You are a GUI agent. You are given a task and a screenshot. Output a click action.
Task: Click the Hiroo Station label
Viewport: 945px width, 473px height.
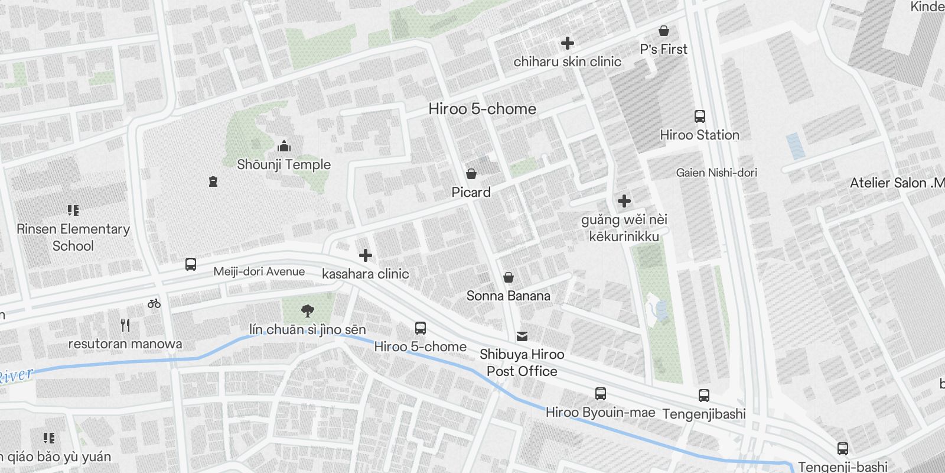click(x=699, y=135)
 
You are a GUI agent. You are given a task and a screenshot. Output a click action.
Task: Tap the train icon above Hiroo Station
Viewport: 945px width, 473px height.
click(x=700, y=116)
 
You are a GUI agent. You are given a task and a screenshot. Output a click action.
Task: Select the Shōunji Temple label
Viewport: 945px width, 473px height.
click(x=283, y=164)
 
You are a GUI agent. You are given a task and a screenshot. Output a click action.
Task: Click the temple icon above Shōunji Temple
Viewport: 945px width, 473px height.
click(x=284, y=146)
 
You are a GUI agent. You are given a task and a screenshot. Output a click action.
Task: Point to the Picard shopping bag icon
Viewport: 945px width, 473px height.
click(x=471, y=173)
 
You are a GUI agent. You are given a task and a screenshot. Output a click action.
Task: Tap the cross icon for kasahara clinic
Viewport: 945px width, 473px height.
click(x=366, y=255)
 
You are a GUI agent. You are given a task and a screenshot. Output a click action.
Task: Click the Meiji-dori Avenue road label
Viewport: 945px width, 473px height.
click(x=259, y=271)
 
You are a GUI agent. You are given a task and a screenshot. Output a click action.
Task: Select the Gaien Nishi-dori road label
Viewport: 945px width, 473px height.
click(x=716, y=173)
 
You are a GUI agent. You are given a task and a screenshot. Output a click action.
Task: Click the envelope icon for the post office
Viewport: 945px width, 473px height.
click(x=522, y=336)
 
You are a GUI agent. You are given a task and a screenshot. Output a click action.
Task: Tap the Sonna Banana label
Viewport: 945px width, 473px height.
click(x=508, y=296)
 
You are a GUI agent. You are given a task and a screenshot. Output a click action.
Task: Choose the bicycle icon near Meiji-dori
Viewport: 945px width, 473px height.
click(x=154, y=303)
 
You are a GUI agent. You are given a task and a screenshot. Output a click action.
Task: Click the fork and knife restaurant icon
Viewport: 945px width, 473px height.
click(x=125, y=325)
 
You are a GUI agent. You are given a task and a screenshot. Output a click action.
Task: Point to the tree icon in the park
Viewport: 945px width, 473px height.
click(x=307, y=310)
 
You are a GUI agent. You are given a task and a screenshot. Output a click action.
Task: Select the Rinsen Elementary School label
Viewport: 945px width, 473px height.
click(x=73, y=237)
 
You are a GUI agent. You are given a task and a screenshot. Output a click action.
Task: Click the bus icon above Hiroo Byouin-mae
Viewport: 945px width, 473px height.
click(x=601, y=394)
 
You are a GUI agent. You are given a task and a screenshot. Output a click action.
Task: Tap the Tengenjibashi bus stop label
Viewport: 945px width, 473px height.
click(x=704, y=414)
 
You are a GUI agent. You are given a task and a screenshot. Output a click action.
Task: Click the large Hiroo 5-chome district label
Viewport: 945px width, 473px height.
click(x=482, y=109)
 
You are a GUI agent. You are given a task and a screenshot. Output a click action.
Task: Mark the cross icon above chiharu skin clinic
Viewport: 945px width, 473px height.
click(x=568, y=43)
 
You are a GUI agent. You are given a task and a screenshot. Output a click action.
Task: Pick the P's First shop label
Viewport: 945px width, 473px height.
click(x=664, y=50)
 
